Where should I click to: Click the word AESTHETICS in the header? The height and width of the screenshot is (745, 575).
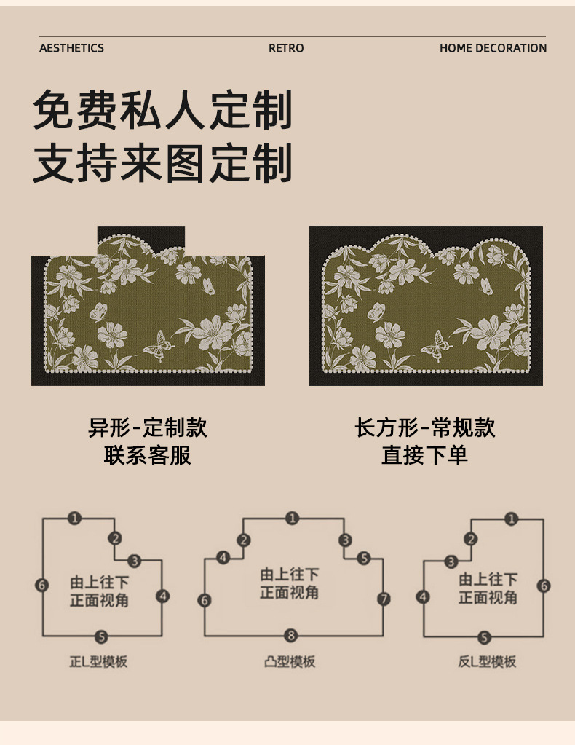[x=71, y=48]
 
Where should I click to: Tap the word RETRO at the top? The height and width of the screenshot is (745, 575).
[x=286, y=48]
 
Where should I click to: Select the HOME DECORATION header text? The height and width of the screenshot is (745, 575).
[x=493, y=48]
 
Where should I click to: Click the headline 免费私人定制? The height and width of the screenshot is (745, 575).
[x=163, y=110]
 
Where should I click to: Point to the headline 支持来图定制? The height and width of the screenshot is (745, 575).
[x=163, y=163]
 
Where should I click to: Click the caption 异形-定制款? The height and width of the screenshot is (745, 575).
[x=148, y=427]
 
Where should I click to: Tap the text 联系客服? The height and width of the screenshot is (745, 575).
[x=148, y=455]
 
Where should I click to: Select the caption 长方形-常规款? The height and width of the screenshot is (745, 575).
[x=425, y=427]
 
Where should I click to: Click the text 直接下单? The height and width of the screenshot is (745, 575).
[x=425, y=455]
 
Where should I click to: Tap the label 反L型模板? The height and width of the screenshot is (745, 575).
[x=487, y=662]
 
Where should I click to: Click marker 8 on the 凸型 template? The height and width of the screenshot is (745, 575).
[x=291, y=635]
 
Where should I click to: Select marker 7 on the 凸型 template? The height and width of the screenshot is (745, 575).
[x=384, y=599]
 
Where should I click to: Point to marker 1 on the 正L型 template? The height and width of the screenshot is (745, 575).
[x=74, y=519]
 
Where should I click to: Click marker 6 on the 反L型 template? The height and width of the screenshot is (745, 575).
[x=544, y=586]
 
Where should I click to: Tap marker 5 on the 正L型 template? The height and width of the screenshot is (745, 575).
[x=101, y=637]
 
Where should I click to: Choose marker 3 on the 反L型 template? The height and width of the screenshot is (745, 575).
[x=451, y=561]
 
